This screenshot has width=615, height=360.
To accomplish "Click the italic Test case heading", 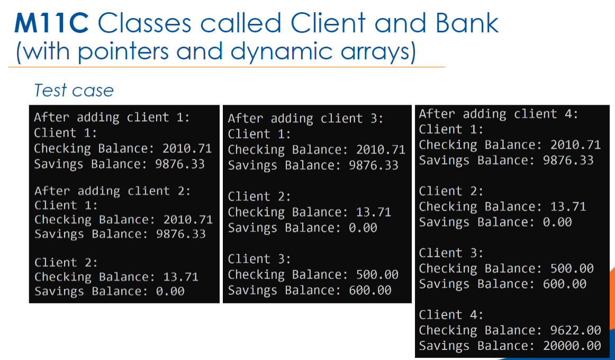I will [74, 91].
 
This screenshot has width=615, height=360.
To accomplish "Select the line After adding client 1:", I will [112, 117].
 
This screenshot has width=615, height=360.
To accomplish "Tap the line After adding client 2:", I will [112, 191].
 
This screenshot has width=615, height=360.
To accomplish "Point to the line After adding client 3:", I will [305, 119].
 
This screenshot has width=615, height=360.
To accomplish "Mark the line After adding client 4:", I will [499, 114].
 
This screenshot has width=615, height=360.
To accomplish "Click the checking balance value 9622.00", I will [572, 330].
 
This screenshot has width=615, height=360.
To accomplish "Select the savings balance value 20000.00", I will [572, 346].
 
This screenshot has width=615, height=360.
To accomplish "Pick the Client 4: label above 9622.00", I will [451, 315].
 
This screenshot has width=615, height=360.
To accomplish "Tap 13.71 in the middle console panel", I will [373, 212].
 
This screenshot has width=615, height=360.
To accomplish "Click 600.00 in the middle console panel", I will [370, 290].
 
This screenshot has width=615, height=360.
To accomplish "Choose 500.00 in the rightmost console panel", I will [572, 268].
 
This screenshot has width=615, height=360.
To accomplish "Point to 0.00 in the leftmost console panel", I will [170, 291].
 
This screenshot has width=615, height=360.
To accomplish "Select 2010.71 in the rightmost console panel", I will [575, 145].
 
